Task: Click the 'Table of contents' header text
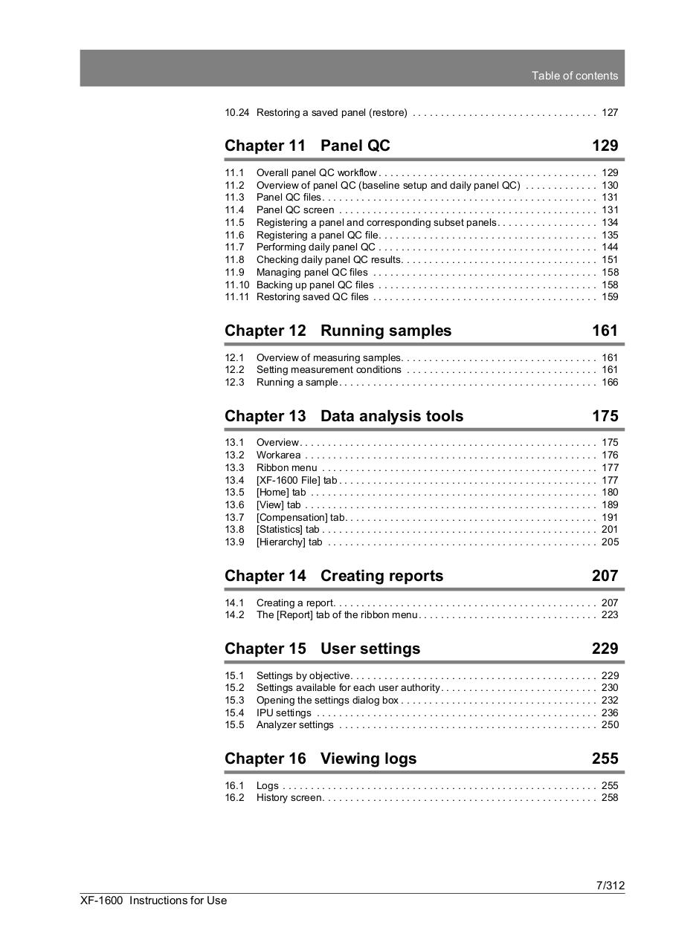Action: [x=574, y=76]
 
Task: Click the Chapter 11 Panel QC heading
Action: [x=307, y=146]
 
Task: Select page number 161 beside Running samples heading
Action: [x=605, y=331]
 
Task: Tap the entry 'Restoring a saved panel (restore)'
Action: [x=331, y=113]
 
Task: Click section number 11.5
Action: [x=235, y=222]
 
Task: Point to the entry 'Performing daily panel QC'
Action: [x=315, y=247]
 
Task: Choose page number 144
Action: [x=610, y=247]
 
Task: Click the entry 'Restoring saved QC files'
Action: [x=312, y=297]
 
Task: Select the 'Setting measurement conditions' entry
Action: [x=329, y=370]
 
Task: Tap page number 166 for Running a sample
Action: [x=610, y=383]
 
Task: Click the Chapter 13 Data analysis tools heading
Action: [x=344, y=416]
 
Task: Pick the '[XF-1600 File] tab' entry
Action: [x=297, y=481]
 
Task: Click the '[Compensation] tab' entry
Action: [x=300, y=518]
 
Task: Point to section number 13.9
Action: [x=235, y=542]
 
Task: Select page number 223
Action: [x=610, y=615]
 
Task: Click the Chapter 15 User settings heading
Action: [x=322, y=649]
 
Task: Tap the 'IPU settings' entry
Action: [x=283, y=713]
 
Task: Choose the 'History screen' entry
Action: [x=289, y=798]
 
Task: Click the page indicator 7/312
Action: [x=610, y=885]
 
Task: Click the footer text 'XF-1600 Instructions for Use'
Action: [x=154, y=900]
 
